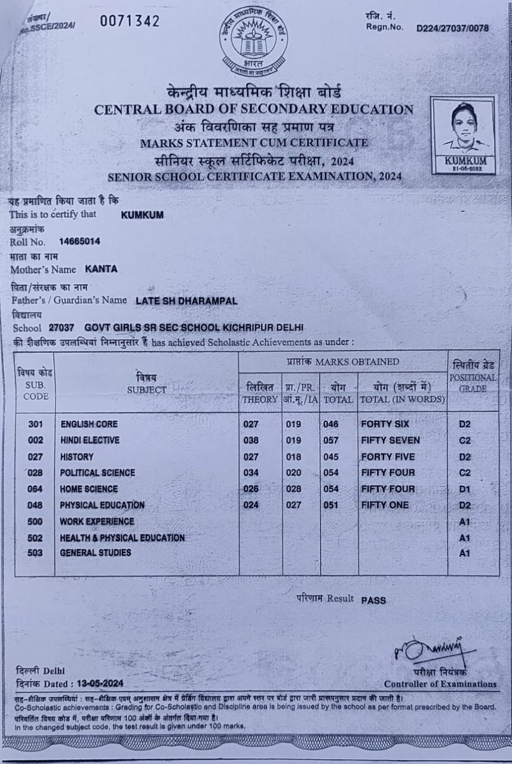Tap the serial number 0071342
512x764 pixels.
click(x=130, y=21)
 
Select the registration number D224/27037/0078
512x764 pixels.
click(x=452, y=27)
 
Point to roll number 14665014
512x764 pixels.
click(x=79, y=242)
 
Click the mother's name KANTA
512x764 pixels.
click(x=101, y=269)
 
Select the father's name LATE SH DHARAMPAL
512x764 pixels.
click(x=186, y=301)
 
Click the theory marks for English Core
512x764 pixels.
click(x=251, y=424)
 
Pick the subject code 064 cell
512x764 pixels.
click(x=35, y=489)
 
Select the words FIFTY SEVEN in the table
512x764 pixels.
click(x=391, y=440)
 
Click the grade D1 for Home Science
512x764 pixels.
click(x=465, y=489)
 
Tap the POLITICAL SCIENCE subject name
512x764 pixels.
click(x=97, y=473)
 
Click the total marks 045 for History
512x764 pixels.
click(x=330, y=457)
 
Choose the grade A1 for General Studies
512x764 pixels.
click(x=465, y=553)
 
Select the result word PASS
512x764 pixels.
click(x=373, y=600)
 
